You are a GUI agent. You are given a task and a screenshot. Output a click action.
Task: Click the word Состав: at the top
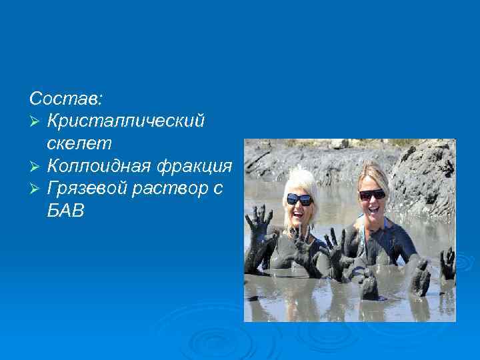click(66, 99)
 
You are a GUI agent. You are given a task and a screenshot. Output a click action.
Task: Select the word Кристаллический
click(126, 121)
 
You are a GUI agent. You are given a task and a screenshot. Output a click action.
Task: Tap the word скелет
click(79, 143)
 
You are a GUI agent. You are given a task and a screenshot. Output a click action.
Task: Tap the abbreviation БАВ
click(66, 211)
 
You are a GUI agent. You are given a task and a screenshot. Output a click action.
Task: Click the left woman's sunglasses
click(299, 199)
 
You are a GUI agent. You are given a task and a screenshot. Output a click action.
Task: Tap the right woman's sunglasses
click(372, 195)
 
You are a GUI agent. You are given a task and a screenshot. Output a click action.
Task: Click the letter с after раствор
click(218, 188)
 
